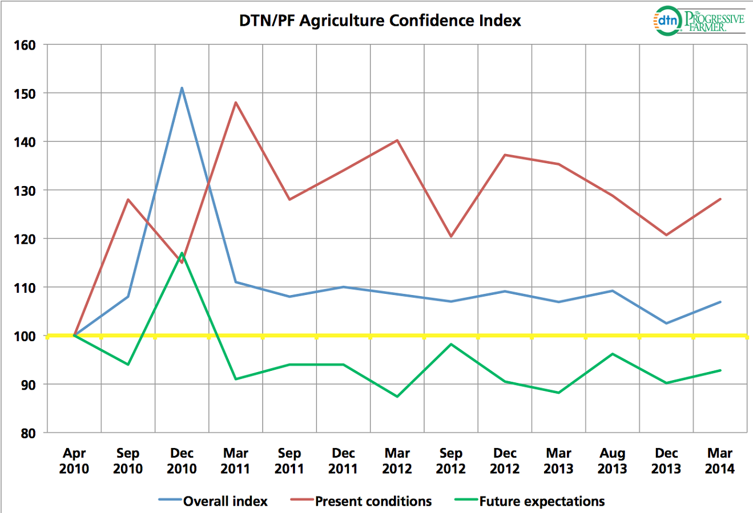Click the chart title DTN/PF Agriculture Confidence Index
point(380,21)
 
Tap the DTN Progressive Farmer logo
point(698,22)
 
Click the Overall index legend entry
point(225,502)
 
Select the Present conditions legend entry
point(373,502)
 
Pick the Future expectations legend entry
point(541,502)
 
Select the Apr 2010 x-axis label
point(74,461)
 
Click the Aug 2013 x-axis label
point(612,461)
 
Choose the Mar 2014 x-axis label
point(720,461)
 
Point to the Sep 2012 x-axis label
point(451,461)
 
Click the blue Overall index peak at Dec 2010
point(182,88)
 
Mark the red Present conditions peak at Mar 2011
point(236,103)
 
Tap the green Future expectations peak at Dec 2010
point(182,253)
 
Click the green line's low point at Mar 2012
point(397,397)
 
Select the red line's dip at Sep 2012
point(451,236)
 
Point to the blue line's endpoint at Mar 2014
point(720,302)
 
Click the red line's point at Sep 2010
point(128,199)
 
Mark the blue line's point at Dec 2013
point(666,324)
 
